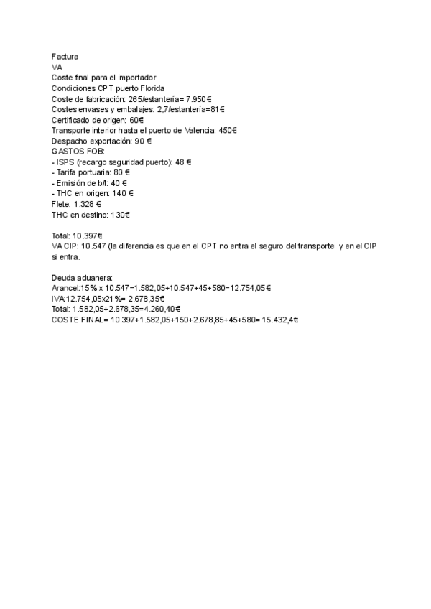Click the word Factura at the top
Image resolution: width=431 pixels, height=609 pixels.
pyautogui.click(x=65, y=56)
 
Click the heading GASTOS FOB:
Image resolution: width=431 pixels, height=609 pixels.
pyautogui.click(x=78, y=152)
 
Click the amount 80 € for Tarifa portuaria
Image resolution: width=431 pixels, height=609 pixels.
pyautogui.click(x=121, y=173)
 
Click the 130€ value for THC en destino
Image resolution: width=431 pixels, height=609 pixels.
pyautogui.click(x=119, y=215)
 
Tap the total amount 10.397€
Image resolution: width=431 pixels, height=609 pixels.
pyautogui.click(x=87, y=236)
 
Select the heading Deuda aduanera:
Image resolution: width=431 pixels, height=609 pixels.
pyautogui.click(x=82, y=277)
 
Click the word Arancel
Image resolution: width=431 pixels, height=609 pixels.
pyautogui.click(x=65, y=288)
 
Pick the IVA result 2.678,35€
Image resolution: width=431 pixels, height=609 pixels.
pyautogui.click(x=146, y=299)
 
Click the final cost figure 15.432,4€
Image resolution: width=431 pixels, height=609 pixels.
pyautogui.click(x=276, y=320)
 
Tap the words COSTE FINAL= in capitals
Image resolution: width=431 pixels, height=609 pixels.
pyautogui.click(x=79, y=320)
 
